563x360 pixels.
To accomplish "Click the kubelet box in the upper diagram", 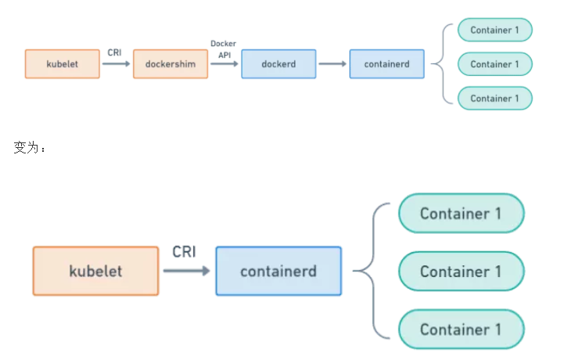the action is coord(62,64).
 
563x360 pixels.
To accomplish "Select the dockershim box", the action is coord(170,64).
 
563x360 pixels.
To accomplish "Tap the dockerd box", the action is coord(278,64).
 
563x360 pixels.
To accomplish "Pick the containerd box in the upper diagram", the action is coord(387,64).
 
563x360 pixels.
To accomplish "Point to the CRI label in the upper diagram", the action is coord(114,52).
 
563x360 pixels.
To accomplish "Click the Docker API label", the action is coord(224,49).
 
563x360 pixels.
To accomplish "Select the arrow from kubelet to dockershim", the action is coord(116,64).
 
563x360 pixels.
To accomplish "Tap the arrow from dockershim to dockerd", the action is coord(224,64).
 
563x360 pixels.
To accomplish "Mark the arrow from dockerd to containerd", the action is coord(332,64).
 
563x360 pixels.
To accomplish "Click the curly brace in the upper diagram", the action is coord(443,64).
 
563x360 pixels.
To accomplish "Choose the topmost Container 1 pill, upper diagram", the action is coord(495,30).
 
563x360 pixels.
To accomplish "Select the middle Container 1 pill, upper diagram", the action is coord(495,64).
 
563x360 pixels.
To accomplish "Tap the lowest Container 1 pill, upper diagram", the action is coord(495,98).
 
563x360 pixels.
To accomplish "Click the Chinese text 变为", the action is coord(26,147).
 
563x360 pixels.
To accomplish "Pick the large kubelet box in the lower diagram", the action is coord(95,271).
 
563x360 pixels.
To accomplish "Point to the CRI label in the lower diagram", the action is coord(185,252).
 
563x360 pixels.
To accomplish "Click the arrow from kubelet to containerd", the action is coord(186,271).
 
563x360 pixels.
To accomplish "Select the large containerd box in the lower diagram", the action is coord(278,271).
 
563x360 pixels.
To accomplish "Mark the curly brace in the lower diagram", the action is coord(374,271).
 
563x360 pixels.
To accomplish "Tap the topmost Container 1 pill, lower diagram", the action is coord(461,213).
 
